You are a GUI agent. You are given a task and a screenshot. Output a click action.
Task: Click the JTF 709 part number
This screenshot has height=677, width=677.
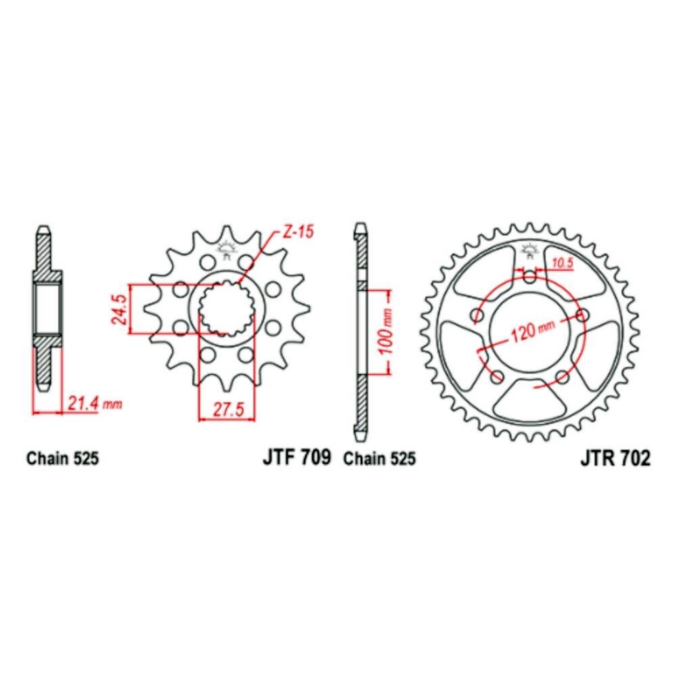(296, 458)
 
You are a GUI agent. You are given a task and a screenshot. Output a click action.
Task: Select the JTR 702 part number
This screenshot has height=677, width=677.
(615, 458)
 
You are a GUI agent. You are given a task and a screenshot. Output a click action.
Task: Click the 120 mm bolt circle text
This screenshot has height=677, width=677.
(531, 330)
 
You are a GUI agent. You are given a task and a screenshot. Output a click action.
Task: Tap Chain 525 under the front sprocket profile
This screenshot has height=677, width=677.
(63, 459)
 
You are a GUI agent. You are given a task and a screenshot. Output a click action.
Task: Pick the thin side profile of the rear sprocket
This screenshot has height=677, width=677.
(362, 332)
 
